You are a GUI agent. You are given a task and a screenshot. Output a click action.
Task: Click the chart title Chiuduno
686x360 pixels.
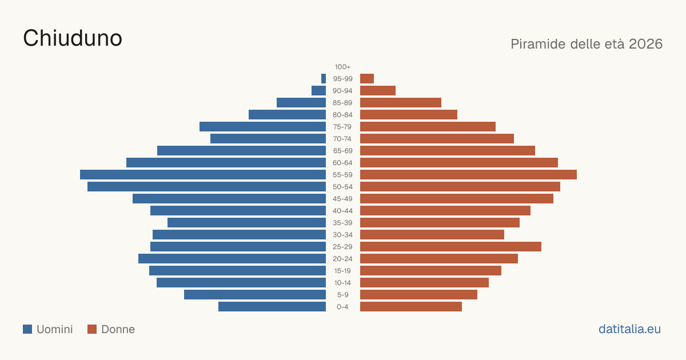point(73,38)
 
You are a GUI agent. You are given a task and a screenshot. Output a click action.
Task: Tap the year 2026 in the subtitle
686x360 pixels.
point(645,44)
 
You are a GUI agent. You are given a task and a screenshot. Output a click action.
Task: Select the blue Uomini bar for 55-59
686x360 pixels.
point(203,174)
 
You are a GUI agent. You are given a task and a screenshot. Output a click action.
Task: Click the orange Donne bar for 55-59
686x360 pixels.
point(468,174)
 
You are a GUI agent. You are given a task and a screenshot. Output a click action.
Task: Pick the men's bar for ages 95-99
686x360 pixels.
point(324,79)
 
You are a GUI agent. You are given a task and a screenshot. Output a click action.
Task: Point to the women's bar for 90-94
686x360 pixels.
point(378,91)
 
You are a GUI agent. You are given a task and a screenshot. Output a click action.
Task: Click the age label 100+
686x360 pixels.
point(342,67)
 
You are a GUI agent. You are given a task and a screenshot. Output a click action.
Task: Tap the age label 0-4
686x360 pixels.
point(342,307)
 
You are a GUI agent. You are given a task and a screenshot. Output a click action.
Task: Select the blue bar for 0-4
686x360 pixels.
point(272,307)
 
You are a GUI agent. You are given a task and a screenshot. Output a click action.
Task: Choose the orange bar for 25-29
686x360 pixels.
point(450,247)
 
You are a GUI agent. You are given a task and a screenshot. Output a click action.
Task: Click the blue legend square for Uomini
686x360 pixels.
point(27,329)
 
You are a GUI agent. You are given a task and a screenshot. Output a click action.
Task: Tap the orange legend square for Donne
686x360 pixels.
point(92,329)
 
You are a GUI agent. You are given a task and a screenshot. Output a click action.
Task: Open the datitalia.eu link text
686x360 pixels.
point(629,329)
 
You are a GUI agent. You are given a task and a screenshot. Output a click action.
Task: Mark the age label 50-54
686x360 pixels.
point(342,187)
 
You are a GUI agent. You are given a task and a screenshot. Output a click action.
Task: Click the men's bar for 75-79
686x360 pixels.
point(262,127)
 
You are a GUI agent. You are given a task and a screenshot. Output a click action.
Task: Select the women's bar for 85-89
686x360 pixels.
point(401,102)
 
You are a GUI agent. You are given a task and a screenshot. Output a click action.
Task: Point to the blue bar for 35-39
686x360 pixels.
point(246,222)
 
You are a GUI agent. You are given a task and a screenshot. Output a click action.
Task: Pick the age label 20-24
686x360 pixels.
point(342,259)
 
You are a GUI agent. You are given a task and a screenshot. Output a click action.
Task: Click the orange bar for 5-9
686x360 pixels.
point(418,295)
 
